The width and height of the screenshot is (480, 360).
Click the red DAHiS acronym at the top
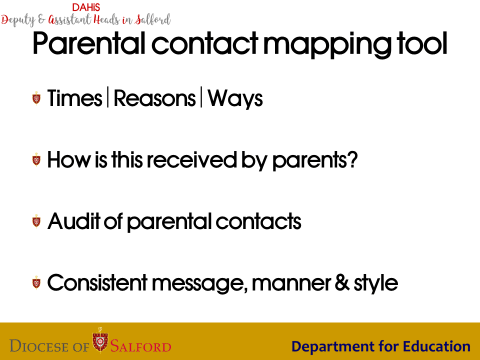86,7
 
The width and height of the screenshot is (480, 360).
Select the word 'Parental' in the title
89,43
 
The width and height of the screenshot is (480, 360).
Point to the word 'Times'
74,98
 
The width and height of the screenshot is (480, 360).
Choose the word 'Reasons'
154,98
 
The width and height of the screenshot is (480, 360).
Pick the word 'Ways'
235,99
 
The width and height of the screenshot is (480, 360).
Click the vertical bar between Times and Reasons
108,97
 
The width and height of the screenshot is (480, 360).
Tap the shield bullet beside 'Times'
36,98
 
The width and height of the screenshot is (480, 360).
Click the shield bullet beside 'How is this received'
36,159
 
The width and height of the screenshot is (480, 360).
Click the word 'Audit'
74,221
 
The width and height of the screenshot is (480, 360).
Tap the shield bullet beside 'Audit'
36,221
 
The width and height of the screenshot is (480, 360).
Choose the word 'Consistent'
97,282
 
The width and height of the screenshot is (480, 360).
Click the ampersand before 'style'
342,282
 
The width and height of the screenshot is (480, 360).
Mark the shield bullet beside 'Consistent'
36,282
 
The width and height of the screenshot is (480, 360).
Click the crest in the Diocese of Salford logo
100,340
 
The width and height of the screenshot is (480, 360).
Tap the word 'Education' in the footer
436,346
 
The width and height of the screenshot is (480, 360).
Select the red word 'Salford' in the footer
141,346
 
